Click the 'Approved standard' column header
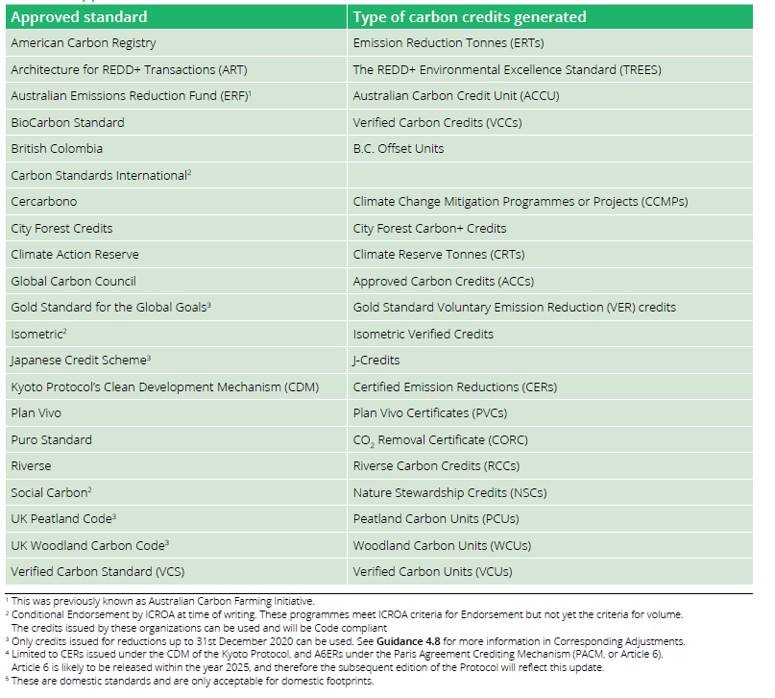(79, 17)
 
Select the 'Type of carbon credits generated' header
(470, 17)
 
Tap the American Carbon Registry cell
(84, 43)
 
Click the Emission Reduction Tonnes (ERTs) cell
(448, 43)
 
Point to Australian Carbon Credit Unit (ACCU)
(456, 96)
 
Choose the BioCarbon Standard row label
(68, 123)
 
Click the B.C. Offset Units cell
(399, 149)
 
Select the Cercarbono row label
(44, 202)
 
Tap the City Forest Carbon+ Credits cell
(429, 229)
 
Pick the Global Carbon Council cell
(73, 282)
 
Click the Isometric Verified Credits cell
(424, 335)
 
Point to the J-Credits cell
(376, 361)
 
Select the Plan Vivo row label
(36, 413)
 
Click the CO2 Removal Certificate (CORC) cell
(441, 440)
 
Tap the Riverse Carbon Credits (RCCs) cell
(436, 466)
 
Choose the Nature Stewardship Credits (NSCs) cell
(449, 493)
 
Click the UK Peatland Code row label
(63, 519)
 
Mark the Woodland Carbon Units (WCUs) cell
(442, 546)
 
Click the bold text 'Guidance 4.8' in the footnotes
(408, 641)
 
